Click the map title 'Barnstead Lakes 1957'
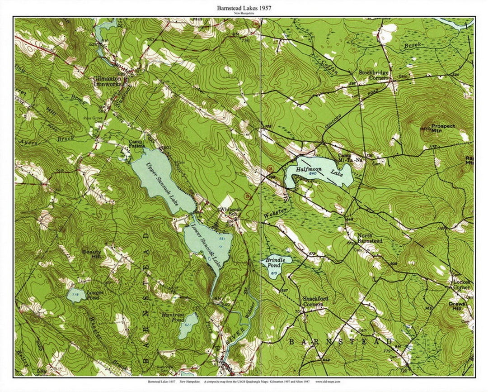[x=244, y=8]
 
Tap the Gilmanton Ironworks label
[x=108, y=81]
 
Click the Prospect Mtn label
[x=443, y=129]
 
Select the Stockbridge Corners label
[x=374, y=75]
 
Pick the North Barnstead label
[x=370, y=238]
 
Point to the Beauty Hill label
[x=92, y=254]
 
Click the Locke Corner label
[x=461, y=284]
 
